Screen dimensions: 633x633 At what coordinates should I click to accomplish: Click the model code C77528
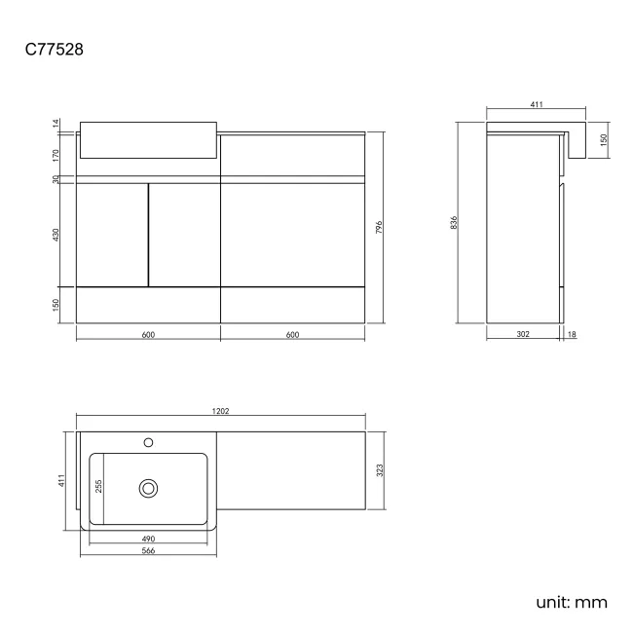coord(55,50)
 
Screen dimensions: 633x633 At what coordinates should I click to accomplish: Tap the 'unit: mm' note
coord(572,601)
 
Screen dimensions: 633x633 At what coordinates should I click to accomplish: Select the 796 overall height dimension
coord(379,227)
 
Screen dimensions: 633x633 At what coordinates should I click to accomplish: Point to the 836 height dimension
coord(454,222)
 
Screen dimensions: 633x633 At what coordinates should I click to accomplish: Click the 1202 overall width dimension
coord(220,412)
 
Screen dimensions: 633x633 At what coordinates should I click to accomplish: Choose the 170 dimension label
coord(56,153)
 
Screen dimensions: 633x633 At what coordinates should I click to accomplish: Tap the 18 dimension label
coord(571,334)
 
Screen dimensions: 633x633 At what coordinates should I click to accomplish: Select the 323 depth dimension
coord(380,470)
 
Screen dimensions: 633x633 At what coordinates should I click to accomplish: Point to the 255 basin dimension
coord(97,486)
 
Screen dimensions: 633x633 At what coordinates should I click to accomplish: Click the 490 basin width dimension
coord(148,539)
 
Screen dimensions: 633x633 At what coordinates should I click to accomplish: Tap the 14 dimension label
coord(56,124)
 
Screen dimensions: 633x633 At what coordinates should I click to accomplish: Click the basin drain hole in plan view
coord(149,486)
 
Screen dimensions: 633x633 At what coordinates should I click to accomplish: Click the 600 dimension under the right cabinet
coord(292,334)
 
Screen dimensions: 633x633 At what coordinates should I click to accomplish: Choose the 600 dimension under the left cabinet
coord(148,334)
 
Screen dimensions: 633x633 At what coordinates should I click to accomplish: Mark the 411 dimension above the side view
coord(537,104)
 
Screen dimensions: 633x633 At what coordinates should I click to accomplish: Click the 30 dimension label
coord(56,178)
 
